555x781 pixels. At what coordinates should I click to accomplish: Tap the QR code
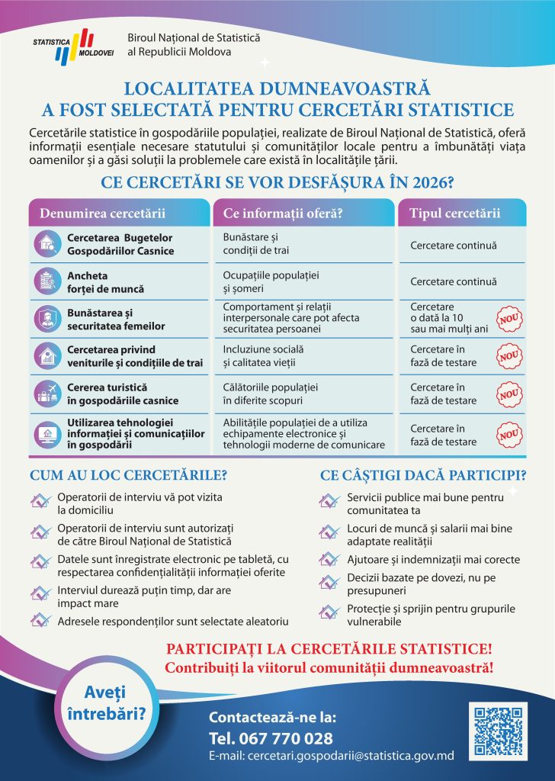(x=496, y=730)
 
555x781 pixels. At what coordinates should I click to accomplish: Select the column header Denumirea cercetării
(x=102, y=213)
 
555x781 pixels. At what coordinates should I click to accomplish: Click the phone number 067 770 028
(x=271, y=738)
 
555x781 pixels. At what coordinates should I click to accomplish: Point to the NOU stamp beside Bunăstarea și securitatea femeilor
(x=508, y=320)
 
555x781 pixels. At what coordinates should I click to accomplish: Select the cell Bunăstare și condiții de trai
(x=252, y=244)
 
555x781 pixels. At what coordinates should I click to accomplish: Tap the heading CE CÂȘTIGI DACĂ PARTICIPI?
(x=422, y=475)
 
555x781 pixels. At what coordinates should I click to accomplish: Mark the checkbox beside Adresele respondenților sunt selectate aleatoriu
(x=40, y=621)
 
